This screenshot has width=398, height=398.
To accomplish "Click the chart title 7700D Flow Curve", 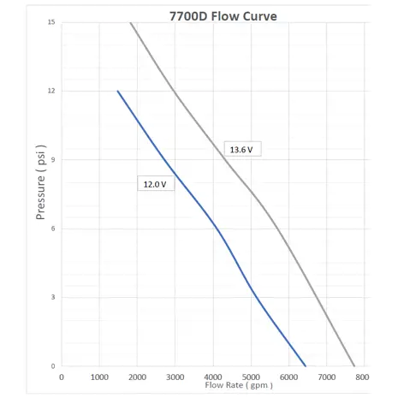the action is (x=223, y=16).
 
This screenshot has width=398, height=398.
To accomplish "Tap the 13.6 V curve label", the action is (x=241, y=150).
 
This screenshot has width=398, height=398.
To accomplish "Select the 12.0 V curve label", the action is (x=155, y=184).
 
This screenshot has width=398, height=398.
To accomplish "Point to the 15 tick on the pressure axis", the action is (x=51, y=22).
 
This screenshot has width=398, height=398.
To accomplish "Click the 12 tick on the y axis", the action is (x=51, y=91).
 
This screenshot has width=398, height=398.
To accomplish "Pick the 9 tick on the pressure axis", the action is (x=53, y=160).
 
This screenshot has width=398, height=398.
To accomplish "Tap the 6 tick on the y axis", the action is (x=53, y=229).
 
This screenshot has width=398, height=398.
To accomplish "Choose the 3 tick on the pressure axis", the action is (x=53, y=297).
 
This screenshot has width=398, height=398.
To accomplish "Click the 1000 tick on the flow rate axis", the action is (x=99, y=377).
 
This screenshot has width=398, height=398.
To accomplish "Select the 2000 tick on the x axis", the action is (x=137, y=377).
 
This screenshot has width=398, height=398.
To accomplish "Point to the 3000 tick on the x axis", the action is (x=175, y=377).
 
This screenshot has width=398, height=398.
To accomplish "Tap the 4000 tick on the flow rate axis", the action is (x=213, y=377).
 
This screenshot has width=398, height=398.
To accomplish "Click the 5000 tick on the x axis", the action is (x=251, y=377).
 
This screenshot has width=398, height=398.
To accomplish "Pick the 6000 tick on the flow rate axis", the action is (x=288, y=377).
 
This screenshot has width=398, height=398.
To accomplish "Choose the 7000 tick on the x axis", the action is (x=327, y=377).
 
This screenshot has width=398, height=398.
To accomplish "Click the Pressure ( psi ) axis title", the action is (x=40, y=182).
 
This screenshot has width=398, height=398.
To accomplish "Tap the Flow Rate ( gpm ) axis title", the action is (x=239, y=385).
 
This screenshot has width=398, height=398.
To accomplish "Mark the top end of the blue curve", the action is (x=117, y=91).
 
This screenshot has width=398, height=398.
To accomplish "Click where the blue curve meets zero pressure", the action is (x=306, y=366).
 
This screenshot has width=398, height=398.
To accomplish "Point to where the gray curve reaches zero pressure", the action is (x=354, y=366).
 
